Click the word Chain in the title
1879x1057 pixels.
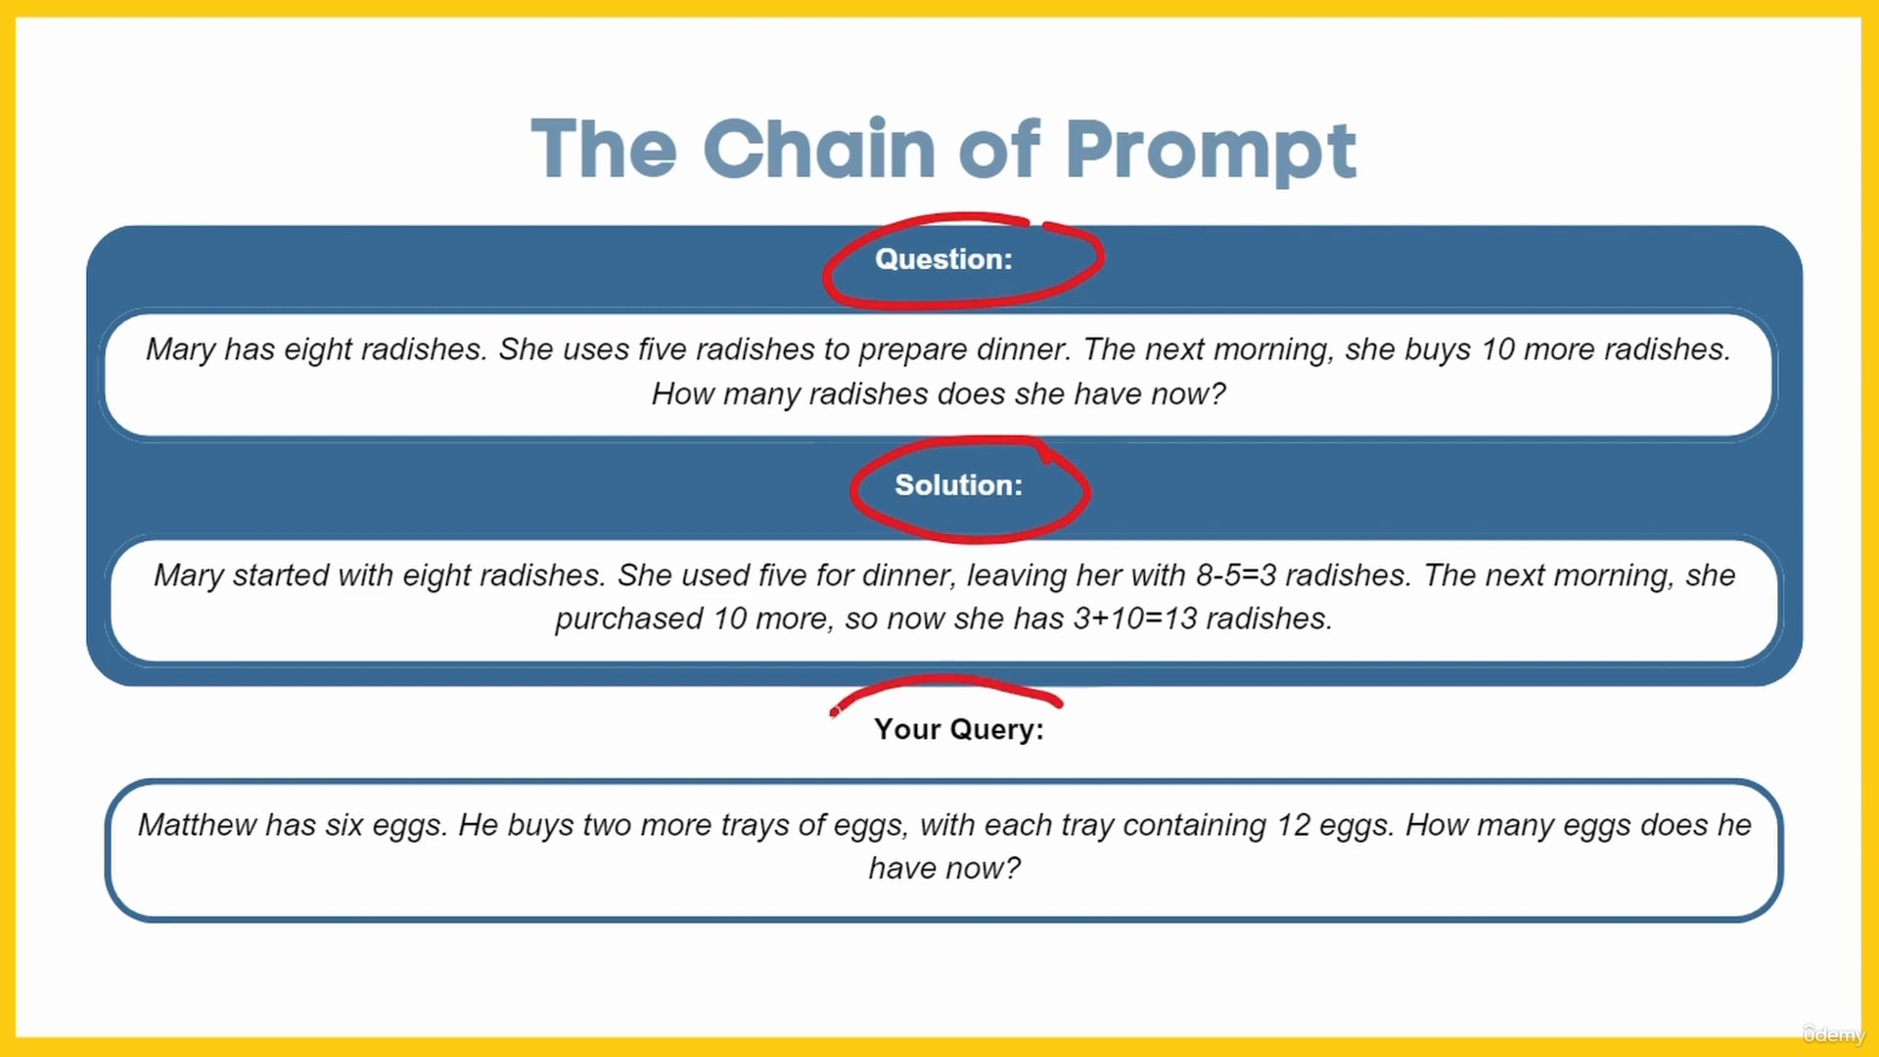[818, 149]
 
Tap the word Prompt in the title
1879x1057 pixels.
[1211, 152]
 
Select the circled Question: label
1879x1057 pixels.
[943, 259]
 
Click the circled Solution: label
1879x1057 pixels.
[959, 485]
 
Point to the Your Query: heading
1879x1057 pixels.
[959, 730]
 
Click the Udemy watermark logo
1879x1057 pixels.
[1834, 1034]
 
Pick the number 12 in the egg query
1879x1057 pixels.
[1293, 825]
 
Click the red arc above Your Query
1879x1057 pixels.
[945, 677]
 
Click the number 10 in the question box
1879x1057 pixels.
[1497, 349]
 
